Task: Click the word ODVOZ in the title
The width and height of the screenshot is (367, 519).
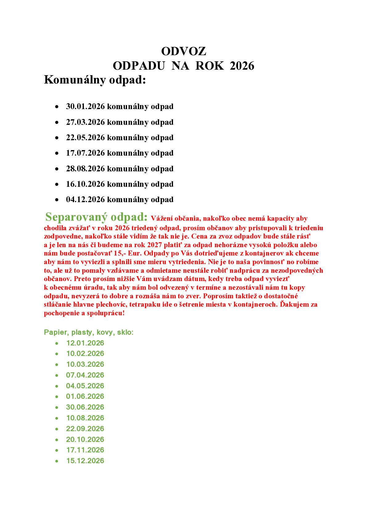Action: tap(183, 51)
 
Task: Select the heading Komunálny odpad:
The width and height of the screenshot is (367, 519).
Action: tap(95, 80)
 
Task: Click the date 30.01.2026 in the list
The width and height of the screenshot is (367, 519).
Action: tap(85, 106)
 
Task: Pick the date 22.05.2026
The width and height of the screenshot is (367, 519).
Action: tap(85, 137)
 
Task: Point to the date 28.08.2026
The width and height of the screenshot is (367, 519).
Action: tap(85, 169)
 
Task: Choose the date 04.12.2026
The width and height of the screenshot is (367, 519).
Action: tap(85, 199)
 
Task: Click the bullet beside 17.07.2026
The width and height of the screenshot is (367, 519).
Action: tap(57, 153)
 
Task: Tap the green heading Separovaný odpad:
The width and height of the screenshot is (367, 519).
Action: tap(96, 217)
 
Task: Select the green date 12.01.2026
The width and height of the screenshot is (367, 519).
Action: tap(85, 343)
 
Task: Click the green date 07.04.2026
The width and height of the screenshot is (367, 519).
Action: tap(85, 375)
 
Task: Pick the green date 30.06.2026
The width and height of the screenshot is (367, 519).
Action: tap(85, 407)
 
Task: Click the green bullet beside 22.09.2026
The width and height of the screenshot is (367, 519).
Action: tap(57, 429)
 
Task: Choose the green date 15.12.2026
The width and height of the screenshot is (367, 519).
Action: tap(85, 461)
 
